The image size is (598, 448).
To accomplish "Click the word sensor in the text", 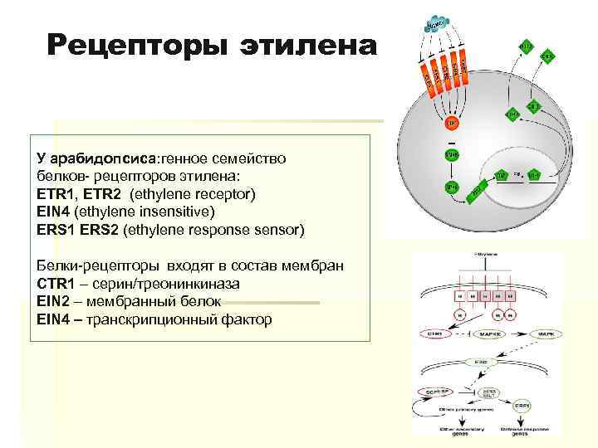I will pyautogui.click(x=279, y=228).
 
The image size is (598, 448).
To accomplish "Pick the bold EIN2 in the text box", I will pyautogui.click(x=54, y=301).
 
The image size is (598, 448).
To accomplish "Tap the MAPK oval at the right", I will pyautogui.click(x=546, y=334).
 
